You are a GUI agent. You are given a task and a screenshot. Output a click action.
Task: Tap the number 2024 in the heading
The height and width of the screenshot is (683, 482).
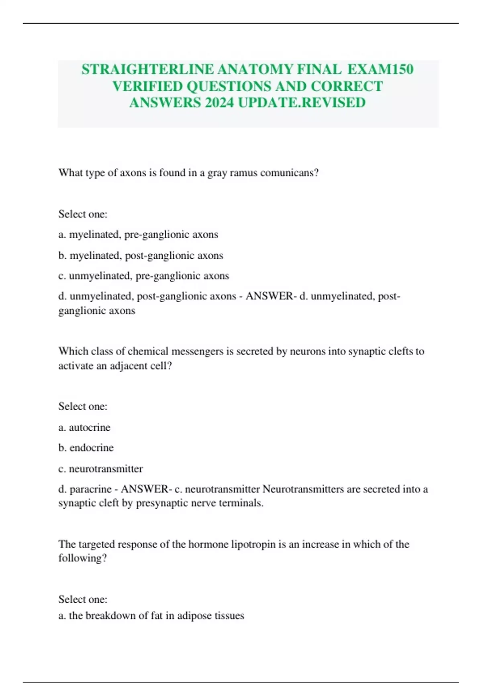(219, 103)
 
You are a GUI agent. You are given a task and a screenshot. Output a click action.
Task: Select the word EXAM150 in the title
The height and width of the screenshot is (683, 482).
(380, 70)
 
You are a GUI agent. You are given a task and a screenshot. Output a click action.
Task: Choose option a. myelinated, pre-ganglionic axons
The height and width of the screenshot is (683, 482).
(138, 235)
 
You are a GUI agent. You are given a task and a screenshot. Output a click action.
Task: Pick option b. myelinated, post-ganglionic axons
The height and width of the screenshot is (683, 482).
(141, 256)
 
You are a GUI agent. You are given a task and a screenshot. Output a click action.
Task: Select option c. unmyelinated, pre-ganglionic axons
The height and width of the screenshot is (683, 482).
(143, 276)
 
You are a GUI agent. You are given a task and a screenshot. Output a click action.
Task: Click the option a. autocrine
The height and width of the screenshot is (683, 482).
(84, 427)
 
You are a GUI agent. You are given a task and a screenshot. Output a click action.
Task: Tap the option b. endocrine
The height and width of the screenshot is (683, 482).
(86, 448)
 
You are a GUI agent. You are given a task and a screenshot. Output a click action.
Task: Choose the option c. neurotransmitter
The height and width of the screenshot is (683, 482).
(100, 469)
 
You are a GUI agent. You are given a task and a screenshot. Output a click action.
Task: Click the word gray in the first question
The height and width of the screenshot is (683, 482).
(217, 173)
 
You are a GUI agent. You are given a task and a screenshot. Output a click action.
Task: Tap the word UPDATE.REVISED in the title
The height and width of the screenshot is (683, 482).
(302, 103)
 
